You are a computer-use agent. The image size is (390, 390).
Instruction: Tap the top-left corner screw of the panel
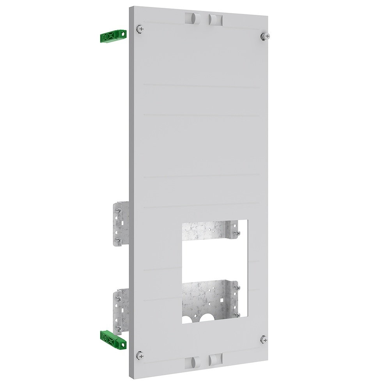(140, 28)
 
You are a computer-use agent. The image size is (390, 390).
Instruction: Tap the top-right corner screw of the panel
(262, 35)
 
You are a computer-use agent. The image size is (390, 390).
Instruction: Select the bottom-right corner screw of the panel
(264, 339)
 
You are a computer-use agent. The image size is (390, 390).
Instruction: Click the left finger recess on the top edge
(190, 18)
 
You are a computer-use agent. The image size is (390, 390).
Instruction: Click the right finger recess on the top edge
(214, 19)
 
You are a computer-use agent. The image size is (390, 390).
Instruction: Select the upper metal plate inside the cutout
(207, 232)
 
